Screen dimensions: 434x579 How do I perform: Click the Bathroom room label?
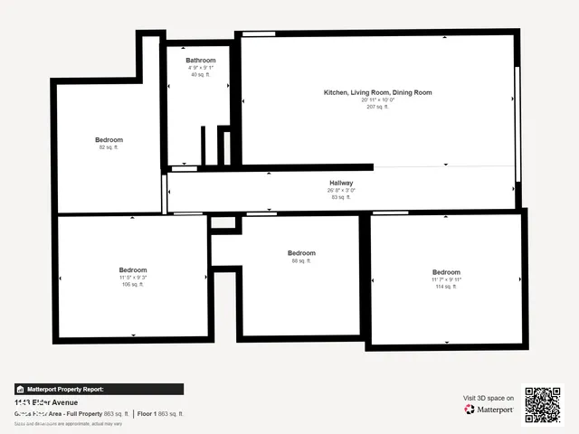click(201, 61)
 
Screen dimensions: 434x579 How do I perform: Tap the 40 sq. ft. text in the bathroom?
click(201, 74)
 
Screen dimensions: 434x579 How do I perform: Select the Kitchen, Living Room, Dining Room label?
click(378, 92)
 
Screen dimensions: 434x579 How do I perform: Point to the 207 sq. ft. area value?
click(378, 107)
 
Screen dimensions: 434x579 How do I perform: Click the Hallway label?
click(341, 184)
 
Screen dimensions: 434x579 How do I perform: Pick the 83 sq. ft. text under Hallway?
click(341, 197)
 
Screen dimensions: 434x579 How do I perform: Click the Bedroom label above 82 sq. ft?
click(109, 140)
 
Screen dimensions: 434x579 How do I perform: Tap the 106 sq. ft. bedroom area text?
click(133, 284)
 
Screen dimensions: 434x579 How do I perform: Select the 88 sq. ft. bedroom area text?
click(301, 260)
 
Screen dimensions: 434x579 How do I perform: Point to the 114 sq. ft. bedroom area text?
click(446, 287)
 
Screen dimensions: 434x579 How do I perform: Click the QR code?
click(543, 404)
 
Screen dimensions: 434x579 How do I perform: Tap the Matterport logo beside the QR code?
click(489, 410)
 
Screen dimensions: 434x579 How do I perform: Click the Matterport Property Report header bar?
click(99, 389)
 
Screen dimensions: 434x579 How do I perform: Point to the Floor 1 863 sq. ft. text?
click(160, 413)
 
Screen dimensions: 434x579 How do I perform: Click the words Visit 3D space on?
click(489, 398)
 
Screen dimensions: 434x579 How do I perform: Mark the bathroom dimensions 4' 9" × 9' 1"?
click(201, 68)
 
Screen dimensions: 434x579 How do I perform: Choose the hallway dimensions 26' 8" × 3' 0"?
click(341, 191)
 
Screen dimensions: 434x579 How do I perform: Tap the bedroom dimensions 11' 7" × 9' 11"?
click(446, 279)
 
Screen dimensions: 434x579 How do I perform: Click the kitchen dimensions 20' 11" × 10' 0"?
click(378, 99)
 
